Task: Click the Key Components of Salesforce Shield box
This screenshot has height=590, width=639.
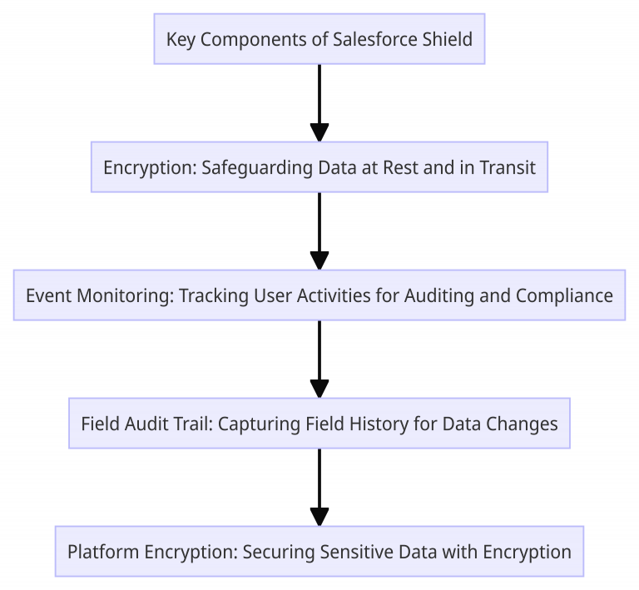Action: pos(319,39)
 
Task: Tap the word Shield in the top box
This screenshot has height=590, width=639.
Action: pos(449,39)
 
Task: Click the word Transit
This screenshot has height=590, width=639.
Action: pos(508,167)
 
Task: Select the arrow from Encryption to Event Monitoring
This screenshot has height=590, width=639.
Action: pos(319,230)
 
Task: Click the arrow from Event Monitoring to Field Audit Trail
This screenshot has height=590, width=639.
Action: pos(319,358)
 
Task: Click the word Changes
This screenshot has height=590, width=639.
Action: pos(523,424)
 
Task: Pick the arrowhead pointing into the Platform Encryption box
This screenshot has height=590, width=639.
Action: pos(319,516)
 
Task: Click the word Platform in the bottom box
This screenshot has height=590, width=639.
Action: pos(101,552)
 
